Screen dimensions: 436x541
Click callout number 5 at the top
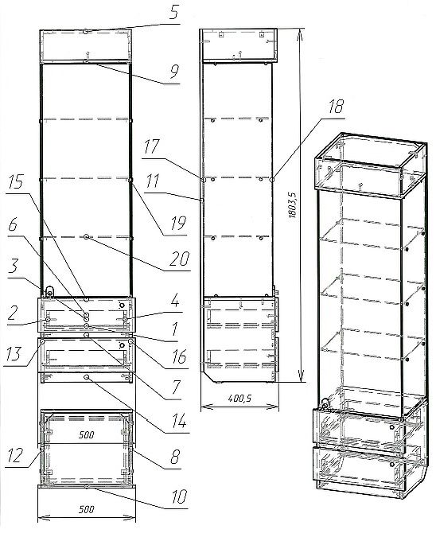click(x=174, y=13)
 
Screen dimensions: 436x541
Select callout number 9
click(x=174, y=72)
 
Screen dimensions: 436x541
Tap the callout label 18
click(x=335, y=107)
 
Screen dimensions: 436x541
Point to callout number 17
click(x=151, y=146)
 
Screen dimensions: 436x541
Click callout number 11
click(x=152, y=181)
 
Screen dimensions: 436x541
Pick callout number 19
click(x=177, y=224)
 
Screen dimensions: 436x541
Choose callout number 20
click(x=180, y=259)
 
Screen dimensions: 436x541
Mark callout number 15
click(x=16, y=182)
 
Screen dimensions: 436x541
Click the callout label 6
click(x=13, y=225)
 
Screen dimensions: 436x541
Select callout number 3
click(x=13, y=267)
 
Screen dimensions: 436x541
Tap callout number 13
click(x=13, y=354)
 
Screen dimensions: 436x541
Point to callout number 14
click(x=179, y=422)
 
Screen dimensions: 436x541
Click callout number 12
click(x=15, y=455)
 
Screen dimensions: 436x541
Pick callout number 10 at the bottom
click(x=179, y=496)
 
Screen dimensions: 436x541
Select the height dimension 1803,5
click(x=292, y=205)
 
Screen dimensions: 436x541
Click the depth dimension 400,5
click(x=239, y=399)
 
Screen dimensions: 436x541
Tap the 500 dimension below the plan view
click(x=86, y=509)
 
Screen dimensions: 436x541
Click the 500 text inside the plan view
click(x=86, y=434)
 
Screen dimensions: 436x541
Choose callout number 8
click(x=175, y=457)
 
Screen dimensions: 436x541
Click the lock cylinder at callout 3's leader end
click(x=49, y=293)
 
